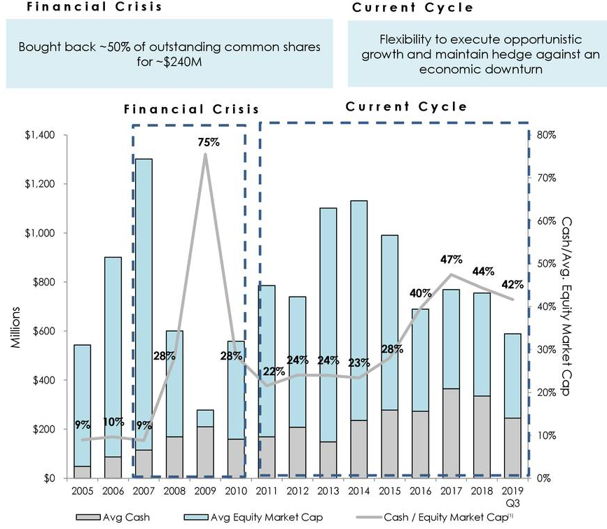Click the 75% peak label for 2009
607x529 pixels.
208,142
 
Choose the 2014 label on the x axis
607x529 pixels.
359,491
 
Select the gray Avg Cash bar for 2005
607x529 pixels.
83,472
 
